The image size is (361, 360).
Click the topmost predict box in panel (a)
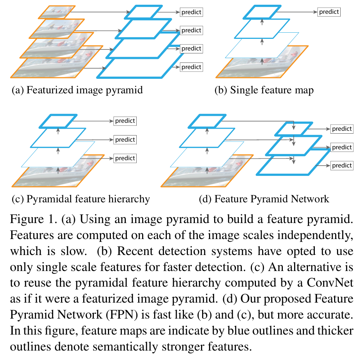point(191,12)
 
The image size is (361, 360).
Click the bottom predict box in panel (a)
point(191,67)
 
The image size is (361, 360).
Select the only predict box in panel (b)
point(329,12)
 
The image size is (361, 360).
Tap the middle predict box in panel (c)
point(125,139)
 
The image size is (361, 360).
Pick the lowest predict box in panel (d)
point(342,166)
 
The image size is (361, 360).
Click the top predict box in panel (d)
point(342,129)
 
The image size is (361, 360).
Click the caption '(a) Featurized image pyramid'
point(77,90)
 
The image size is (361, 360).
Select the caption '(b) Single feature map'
point(264,90)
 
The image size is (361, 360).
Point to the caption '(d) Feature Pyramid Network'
point(264,199)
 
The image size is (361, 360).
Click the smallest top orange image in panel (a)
point(56,12)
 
